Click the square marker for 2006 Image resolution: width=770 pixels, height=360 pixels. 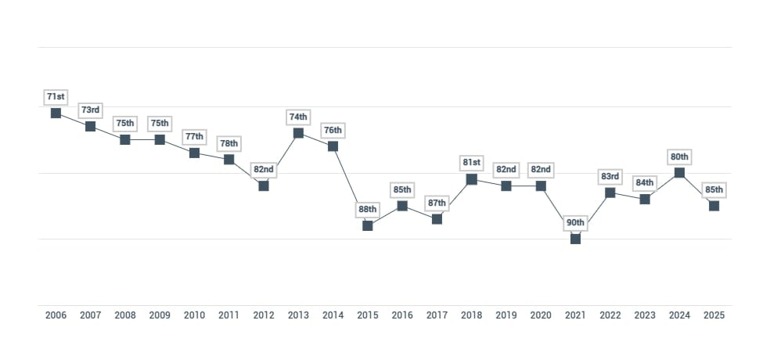tap(56, 113)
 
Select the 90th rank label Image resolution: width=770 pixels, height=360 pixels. tap(575, 223)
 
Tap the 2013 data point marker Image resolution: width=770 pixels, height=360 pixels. tap(298, 133)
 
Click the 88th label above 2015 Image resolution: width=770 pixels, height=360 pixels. tap(368, 209)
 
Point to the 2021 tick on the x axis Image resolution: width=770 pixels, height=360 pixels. tap(575, 315)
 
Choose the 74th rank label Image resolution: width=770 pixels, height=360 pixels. tap(298, 117)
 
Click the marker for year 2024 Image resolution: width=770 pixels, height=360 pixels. tap(679, 172)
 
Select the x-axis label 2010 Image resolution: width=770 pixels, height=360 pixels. tap(194, 315)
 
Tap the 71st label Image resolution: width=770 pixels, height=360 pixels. tap(56, 97)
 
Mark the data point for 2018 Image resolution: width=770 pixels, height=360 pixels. tap(471, 179)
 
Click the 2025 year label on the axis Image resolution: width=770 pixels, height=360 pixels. tap(714, 315)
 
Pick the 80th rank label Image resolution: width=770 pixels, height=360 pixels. tap(679, 157)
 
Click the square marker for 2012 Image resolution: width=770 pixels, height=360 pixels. tap(264, 185)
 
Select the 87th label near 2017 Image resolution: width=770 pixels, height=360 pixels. tap(437, 203)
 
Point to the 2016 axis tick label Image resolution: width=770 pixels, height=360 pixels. tap(402, 315)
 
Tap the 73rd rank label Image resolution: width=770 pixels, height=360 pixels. tap(90, 110)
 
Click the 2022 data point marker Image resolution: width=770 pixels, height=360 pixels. tap(610, 193)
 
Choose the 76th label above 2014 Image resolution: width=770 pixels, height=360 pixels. tap(333, 130)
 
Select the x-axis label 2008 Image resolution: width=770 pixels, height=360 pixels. tap(124, 315)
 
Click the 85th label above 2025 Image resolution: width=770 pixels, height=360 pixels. tap(714, 189)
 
